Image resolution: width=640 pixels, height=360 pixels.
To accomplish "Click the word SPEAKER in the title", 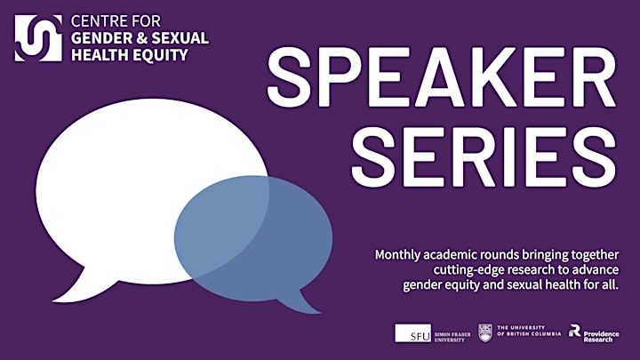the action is pos(441,76).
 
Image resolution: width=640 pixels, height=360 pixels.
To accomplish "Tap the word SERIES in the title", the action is pos(484,156).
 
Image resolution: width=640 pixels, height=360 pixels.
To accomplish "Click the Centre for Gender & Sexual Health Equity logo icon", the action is pos(38,38).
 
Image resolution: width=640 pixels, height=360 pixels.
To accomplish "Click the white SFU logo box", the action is pos(412,333).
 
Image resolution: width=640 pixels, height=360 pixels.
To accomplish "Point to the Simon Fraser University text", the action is pos(452,337).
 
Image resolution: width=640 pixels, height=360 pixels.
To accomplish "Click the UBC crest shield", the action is pos(485,333).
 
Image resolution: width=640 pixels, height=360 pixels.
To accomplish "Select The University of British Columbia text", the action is pos(529,331).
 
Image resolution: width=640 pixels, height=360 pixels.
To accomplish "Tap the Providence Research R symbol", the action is pos(575,330).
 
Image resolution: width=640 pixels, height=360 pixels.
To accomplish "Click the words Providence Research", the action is pos(601,336).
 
